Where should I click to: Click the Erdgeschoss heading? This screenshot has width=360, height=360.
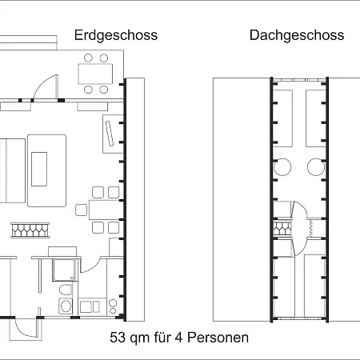tap(116, 36)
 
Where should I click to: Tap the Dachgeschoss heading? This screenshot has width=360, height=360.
tap(297, 35)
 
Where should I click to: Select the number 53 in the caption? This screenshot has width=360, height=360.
tap(118, 338)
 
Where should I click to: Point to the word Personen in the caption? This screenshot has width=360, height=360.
tap(218, 338)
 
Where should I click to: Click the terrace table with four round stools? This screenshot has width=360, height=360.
tap(95, 74)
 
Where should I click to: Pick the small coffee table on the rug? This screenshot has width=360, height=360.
tap(39, 169)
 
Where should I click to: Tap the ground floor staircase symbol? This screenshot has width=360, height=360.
tap(30, 230)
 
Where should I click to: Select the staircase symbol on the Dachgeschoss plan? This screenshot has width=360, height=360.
tap(282, 229)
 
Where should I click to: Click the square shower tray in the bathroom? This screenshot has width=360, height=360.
tap(64, 270)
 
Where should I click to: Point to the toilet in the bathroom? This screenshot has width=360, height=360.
tap(66, 290)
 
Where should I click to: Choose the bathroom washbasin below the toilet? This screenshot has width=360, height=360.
tap(66, 306)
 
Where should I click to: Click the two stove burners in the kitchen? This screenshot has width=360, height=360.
tap(113, 306)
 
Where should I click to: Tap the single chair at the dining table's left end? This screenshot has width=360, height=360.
tap(81, 210)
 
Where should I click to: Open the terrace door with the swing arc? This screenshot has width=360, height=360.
tap(46, 86)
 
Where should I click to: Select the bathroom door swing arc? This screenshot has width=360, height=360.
tap(90, 266)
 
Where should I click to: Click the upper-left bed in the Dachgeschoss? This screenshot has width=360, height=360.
tap(282, 118)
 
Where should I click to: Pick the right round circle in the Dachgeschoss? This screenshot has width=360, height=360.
tap(316, 167)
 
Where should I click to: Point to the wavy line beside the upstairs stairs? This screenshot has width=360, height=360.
tap(311, 228)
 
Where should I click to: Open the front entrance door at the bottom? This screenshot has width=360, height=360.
tap(26, 329)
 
